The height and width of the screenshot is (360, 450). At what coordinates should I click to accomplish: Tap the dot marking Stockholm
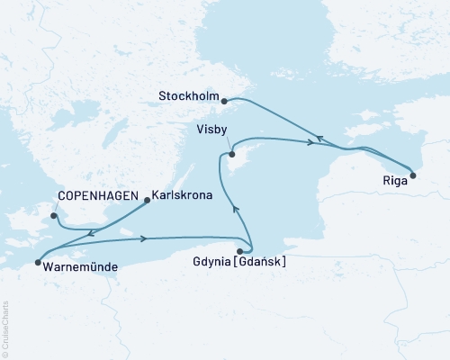click(224, 102)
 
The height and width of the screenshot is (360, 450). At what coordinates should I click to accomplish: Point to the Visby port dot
click(231, 154)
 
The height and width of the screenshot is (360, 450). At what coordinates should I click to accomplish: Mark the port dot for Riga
click(413, 175)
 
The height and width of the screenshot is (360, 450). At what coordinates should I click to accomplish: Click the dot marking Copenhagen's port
click(54, 215)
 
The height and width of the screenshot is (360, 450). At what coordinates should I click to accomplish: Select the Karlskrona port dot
click(147, 202)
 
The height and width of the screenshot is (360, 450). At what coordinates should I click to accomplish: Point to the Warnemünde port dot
click(38, 263)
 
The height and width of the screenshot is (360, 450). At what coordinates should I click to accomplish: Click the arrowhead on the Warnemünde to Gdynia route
click(144, 238)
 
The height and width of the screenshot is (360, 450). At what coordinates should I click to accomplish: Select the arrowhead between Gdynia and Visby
click(236, 209)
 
